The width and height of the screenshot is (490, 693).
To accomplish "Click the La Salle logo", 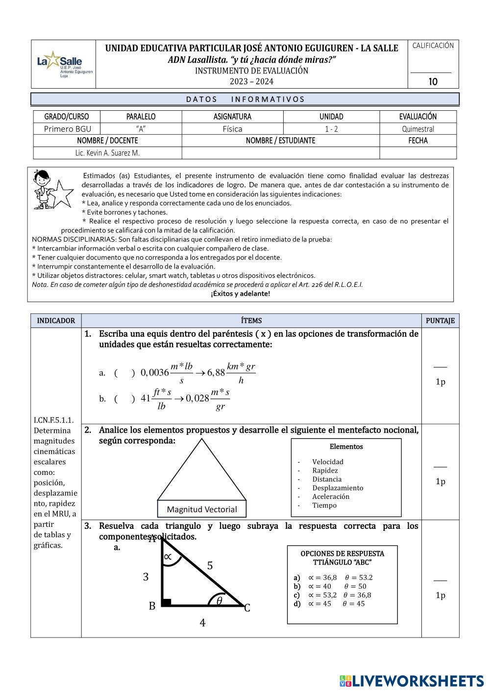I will [x=64, y=64].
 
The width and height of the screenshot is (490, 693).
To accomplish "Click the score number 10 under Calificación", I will [x=433, y=81].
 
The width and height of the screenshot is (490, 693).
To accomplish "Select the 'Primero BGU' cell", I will [x=67, y=129].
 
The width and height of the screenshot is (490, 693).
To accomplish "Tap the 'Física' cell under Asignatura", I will [x=232, y=129].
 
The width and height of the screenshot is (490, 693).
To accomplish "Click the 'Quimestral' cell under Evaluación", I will [x=418, y=129].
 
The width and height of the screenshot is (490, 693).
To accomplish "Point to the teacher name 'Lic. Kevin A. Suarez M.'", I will [x=107, y=153].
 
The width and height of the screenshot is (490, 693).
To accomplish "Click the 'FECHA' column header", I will [x=418, y=141].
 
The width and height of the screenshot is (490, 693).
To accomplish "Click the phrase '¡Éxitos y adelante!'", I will [x=240, y=294].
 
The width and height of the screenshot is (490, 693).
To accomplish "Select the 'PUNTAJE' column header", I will [x=440, y=321].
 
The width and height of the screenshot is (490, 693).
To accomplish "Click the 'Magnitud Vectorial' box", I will [x=202, y=509].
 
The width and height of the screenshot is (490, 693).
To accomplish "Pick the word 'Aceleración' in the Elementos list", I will [x=331, y=496].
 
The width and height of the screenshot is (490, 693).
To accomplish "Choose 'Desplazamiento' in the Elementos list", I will [x=338, y=488].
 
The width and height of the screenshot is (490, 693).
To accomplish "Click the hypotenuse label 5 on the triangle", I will [x=210, y=566].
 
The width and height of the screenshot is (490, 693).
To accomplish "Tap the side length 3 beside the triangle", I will [x=146, y=577].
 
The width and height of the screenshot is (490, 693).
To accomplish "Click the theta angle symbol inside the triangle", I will [x=219, y=600].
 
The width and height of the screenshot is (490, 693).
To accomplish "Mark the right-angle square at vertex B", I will [x=166, y=602].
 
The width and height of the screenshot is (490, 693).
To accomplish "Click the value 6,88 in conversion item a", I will [x=216, y=372].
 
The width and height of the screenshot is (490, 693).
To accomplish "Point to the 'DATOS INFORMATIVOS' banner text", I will [x=245, y=99].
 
